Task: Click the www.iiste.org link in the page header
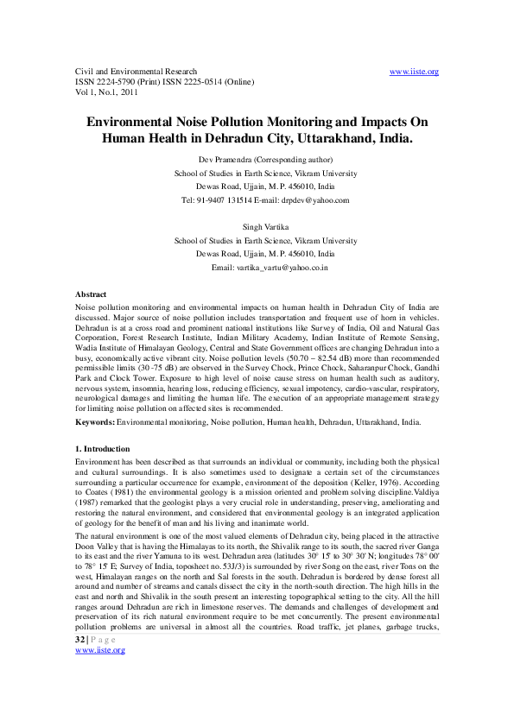(415, 72)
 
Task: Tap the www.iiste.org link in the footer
(100, 674)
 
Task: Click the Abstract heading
(91, 295)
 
